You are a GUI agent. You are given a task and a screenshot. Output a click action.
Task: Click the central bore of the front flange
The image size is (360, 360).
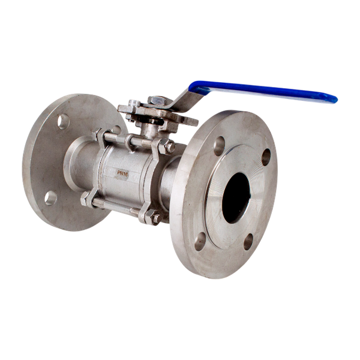tap(235, 197)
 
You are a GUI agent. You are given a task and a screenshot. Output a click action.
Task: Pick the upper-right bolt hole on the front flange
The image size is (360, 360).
tap(265, 157)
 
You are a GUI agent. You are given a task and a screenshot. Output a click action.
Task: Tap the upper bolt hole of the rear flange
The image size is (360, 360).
tap(62, 122)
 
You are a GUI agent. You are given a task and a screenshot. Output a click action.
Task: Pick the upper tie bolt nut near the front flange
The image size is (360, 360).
tap(167, 146)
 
